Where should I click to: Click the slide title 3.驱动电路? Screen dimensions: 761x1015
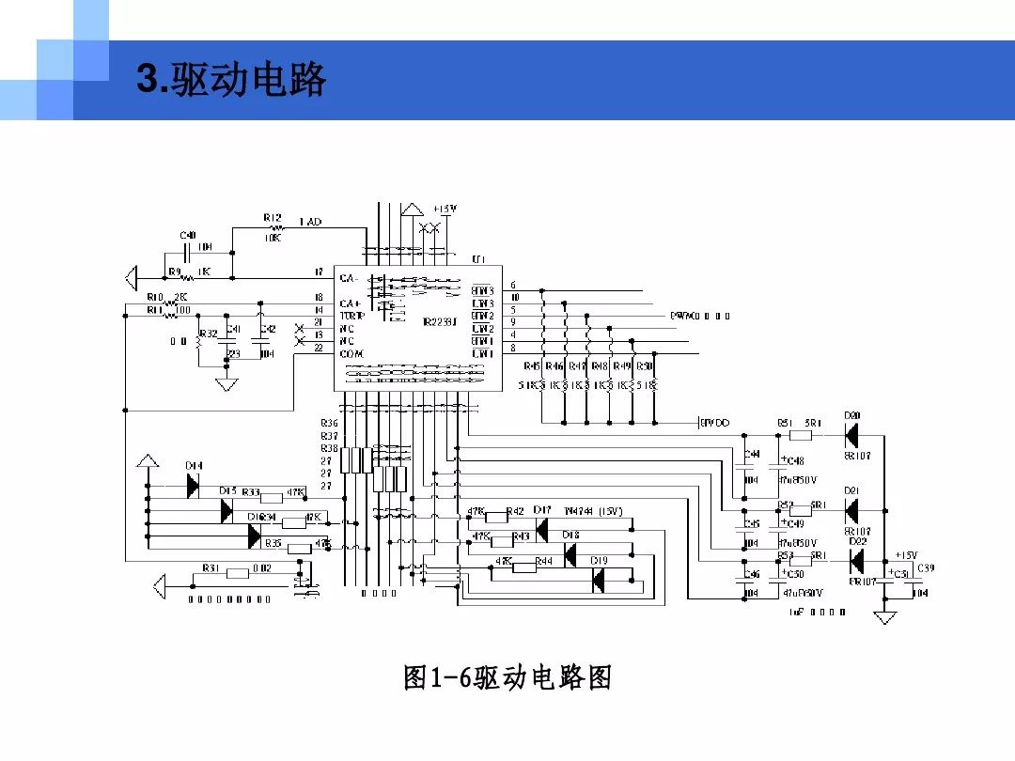231,81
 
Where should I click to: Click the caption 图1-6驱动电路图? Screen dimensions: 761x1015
507,676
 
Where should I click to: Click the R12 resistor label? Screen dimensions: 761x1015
273,218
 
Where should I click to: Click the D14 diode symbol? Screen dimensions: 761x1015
193,485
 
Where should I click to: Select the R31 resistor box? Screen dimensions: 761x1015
237,572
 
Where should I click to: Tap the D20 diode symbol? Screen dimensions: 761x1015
852,435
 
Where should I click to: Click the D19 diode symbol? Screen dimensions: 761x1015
599,582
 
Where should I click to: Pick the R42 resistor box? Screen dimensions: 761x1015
496,516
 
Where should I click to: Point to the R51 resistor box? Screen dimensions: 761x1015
801,435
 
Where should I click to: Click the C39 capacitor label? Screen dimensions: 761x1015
926,567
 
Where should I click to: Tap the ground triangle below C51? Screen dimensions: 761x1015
884,617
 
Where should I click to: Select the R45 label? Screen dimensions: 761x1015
532,365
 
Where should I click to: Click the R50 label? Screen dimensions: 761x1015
645,365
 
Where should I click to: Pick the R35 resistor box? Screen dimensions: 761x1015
299,548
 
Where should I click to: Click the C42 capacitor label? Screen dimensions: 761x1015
268,329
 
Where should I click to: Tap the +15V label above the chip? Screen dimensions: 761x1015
445,209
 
